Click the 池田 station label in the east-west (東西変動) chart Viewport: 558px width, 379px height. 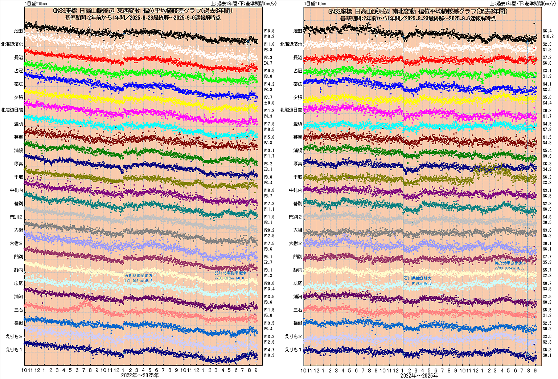[18, 31]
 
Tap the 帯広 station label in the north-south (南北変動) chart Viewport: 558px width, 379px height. [298, 84]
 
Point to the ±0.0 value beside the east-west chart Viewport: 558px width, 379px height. [269, 103]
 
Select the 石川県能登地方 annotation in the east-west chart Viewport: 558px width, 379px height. [138, 276]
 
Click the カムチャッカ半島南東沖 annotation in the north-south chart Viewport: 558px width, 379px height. [510, 263]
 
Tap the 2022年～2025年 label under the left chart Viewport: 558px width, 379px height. [140, 375]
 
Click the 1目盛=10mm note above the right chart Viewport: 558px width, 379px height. [315, 4]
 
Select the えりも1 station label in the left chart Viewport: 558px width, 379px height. [14, 350]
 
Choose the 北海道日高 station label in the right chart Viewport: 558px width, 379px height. [291, 110]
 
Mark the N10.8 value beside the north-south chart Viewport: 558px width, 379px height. [548, 37]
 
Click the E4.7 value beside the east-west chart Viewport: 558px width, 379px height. [268, 63]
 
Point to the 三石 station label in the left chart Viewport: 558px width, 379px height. [19, 310]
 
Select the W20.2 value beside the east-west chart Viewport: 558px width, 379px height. [269, 230]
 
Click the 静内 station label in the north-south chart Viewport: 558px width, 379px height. [298, 270]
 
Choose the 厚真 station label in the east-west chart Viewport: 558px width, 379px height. [19, 164]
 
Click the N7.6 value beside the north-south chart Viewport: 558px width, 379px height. [547, 130]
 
